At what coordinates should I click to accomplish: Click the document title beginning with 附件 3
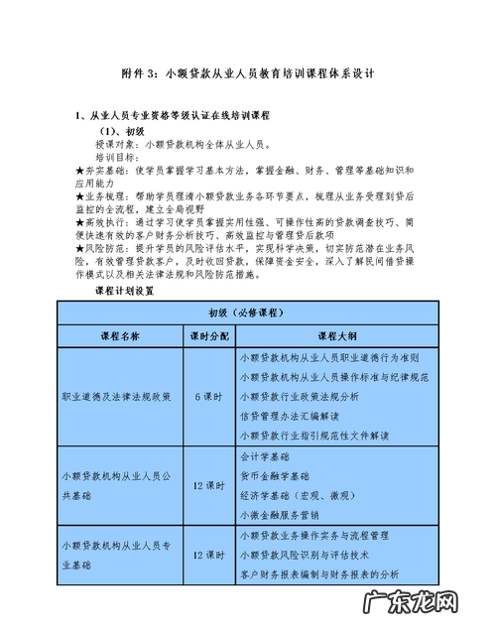coord(248,74)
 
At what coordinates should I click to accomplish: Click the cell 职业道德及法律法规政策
coord(117,395)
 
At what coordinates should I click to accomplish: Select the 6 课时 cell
coord(207,395)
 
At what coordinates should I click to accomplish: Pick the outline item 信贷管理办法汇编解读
coord(289,415)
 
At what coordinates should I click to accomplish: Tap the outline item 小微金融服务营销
coord(281,515)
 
